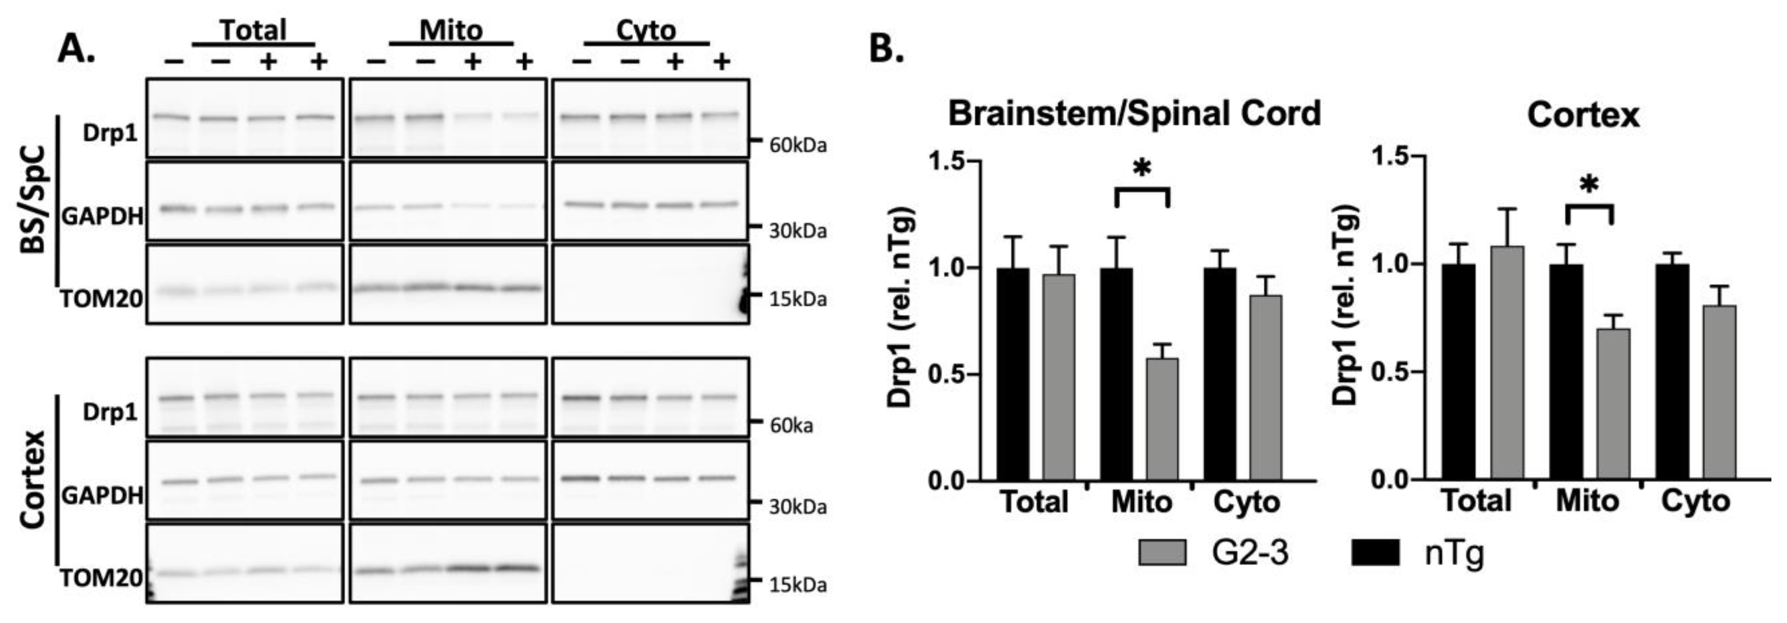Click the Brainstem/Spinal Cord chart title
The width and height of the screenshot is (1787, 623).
1134,113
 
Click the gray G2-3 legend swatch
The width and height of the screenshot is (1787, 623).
1162,553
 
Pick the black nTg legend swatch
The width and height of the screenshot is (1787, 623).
1376,553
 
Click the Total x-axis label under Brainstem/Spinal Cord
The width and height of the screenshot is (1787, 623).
1034,502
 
